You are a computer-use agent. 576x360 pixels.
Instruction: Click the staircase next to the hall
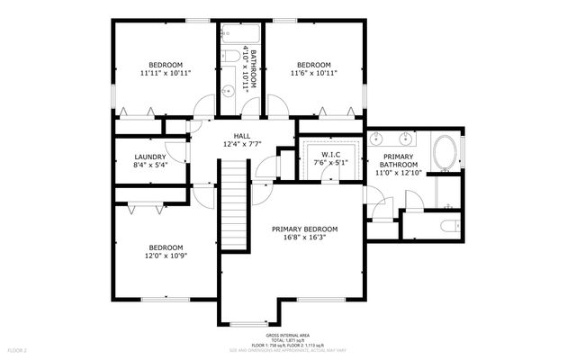coord(234,205)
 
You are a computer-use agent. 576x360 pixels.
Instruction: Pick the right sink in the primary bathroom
coord(407,139)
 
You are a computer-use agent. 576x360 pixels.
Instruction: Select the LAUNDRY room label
coord(150,156)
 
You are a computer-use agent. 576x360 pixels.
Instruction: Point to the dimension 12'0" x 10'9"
coord(166,257)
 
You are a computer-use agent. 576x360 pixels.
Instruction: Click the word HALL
coord(242,135)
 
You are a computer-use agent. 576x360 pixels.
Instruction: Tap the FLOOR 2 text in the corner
coord(18,349)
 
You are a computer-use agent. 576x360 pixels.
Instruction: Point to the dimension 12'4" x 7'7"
coord(242,144)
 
